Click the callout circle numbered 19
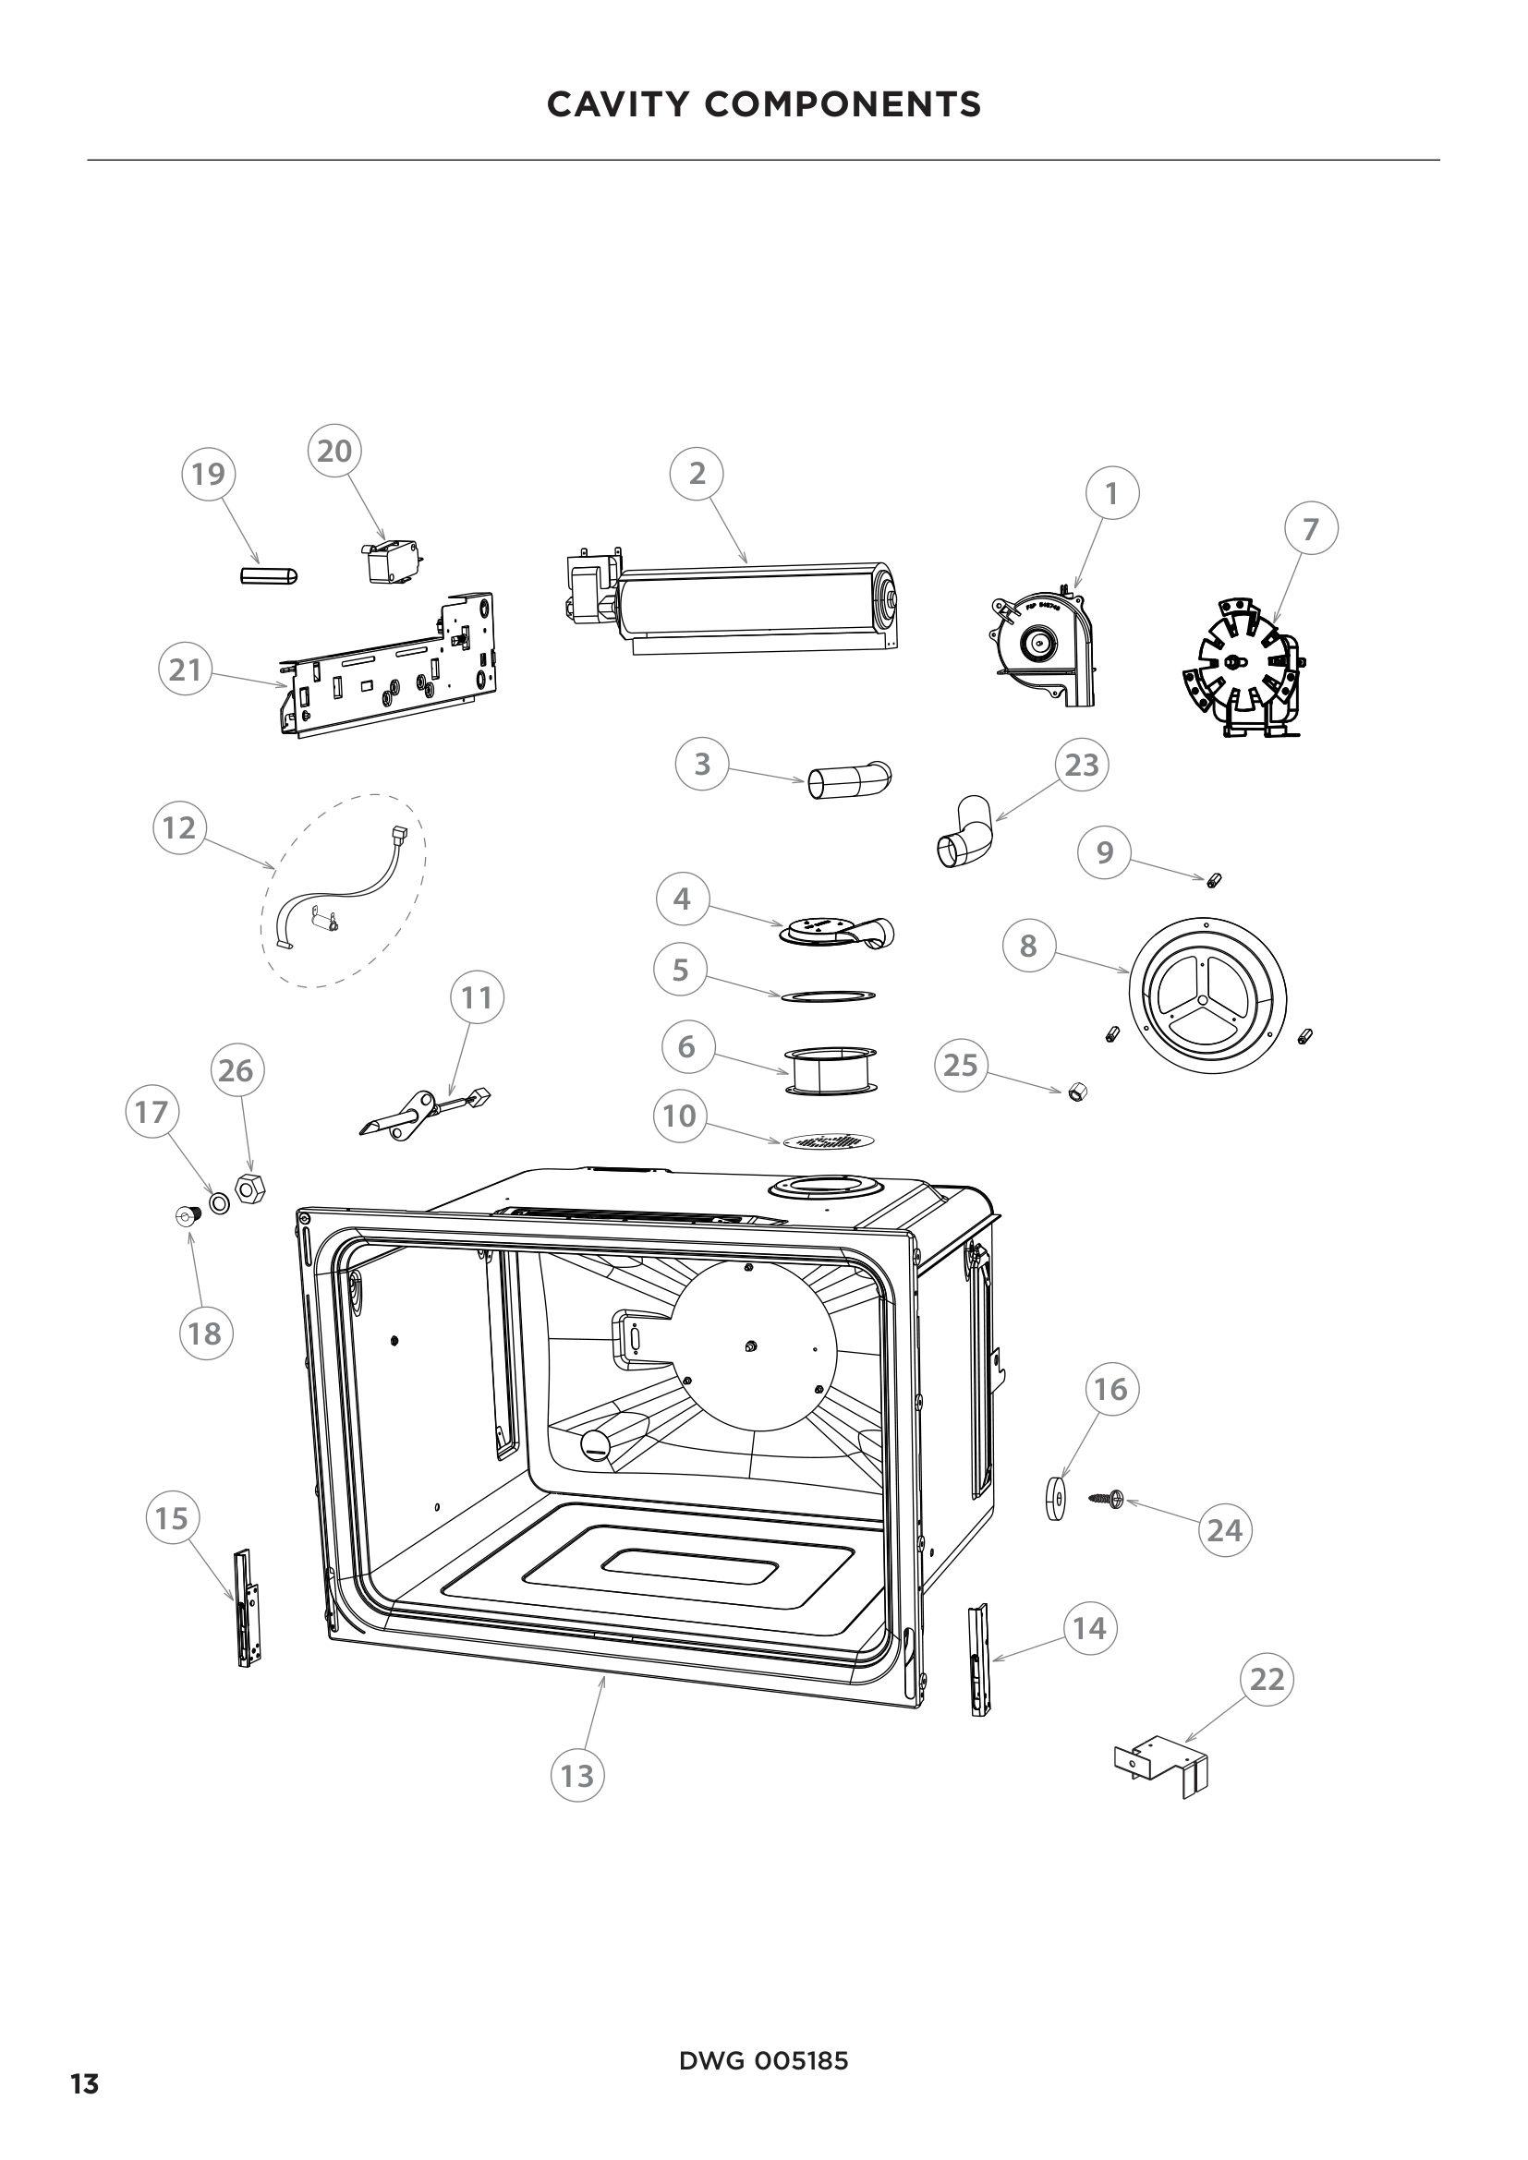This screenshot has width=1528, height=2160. pos(208,473)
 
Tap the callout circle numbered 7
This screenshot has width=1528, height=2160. pos(1311,530)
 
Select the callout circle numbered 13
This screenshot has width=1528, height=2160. pos(576,1775)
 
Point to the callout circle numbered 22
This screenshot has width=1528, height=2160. pos(1267,1678)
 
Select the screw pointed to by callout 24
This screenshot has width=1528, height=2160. pos(1107,1496)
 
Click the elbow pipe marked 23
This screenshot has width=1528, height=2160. pos(964,832)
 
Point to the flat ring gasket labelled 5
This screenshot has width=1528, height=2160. pos(827,996)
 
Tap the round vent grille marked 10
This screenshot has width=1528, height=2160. pos(828,1141)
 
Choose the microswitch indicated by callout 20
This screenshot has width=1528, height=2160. pos(390,561)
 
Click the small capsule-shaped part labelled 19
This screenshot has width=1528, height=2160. pos(269,574)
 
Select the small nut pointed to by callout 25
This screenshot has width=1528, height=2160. pos(1078,1092)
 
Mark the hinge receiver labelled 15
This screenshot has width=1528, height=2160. pos(248,1609)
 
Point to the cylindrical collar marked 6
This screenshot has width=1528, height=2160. pos(828,1070)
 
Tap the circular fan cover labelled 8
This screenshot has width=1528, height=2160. pos(1207,996)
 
